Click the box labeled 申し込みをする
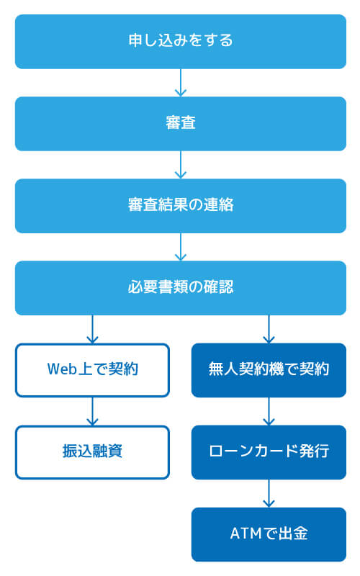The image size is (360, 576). (180, 41)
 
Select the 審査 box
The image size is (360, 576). (180, 123)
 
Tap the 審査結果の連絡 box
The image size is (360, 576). (180, 205)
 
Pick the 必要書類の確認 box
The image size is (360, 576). (180, 287)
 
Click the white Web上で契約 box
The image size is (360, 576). (92, 370)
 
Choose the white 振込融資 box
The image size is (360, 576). (92, 452)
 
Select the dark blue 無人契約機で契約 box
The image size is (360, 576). (269, 370)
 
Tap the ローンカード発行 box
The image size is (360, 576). (269, 452)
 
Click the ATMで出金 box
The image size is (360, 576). (269, 534)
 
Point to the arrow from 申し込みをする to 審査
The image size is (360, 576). (181, 83)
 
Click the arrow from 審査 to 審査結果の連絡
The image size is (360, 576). (181, 165)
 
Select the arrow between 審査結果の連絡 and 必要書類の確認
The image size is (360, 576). (181, 247)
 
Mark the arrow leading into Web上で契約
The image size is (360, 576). (92, 329)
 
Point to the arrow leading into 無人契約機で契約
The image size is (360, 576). (269, 329)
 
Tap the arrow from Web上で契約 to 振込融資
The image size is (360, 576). (92, 412)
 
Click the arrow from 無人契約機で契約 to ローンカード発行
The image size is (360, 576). (269, 412)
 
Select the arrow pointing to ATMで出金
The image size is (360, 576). (269, 494)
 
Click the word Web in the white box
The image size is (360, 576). (61, 370)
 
